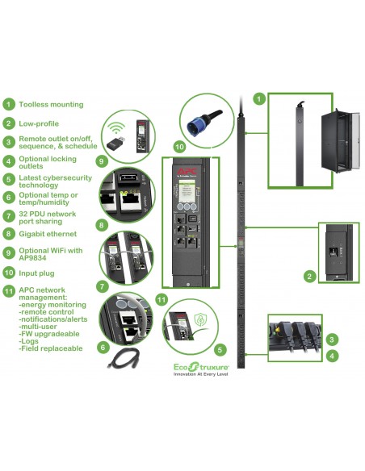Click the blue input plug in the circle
pyautogui.click(x=199, y=123)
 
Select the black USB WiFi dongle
pyautogui.click(x=115, y=142)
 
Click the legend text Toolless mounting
pyautogui.click(x=51, y=104)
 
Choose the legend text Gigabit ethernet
pyautogui.click(x=51, y=234)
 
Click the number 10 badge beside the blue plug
pyautogui.click(x=178, y=148)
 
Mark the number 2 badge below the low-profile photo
pyautogui.click(x=309, y=277)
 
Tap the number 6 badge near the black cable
pyautogui.click(x=103, y=347)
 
